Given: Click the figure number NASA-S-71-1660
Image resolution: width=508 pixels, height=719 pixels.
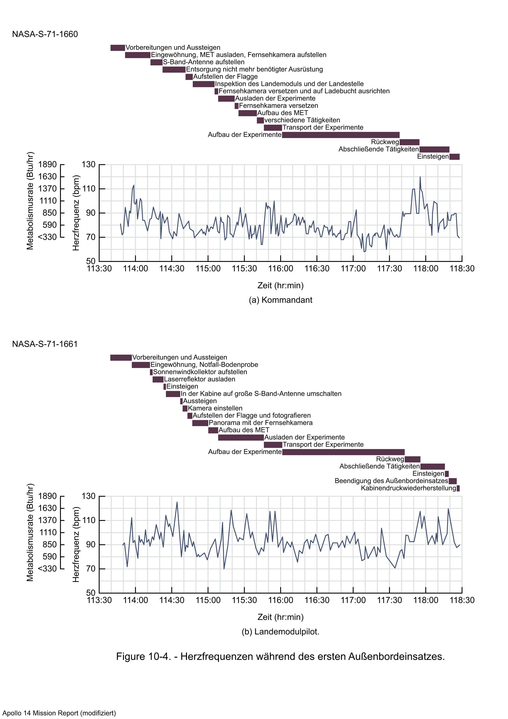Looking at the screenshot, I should tap(45, 34).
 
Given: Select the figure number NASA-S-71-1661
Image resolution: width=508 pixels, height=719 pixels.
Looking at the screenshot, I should tap(45, 344).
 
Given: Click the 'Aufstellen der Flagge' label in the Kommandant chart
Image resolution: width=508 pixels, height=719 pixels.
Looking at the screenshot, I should tap(225, 77).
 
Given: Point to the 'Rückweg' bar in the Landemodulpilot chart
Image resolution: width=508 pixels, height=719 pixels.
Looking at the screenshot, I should tap(412, 459).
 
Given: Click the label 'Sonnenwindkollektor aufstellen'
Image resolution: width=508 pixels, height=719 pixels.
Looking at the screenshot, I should tap(200, 372).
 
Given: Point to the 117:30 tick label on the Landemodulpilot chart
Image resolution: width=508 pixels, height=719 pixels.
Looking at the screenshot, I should tap(389, 600).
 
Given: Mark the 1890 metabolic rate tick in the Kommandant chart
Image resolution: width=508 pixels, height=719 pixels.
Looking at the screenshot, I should tap(47, 164).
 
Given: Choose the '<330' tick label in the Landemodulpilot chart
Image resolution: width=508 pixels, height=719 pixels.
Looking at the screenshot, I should tap(47, 569).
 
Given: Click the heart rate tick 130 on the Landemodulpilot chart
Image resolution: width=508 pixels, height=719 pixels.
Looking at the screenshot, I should tap(88, 496).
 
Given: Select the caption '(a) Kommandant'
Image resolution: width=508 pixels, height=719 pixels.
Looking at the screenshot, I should tap(280, 300).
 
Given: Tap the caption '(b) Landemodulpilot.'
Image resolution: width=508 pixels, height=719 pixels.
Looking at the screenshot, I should tap(280, 632).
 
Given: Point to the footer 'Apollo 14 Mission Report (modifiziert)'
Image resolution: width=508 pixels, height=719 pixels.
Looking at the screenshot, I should tap(59, 713).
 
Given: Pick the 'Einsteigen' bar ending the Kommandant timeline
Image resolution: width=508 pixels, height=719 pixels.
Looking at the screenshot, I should tap(455, 157).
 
